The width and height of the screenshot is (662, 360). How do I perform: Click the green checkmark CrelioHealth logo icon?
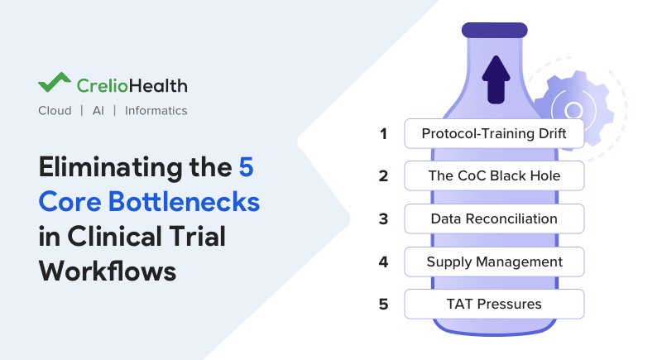click(55, 84)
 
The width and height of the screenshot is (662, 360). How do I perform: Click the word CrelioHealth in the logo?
click(132, 85)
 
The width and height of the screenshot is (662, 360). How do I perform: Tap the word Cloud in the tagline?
click(55, 111)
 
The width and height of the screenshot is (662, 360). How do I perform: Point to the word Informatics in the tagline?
click(156, 111)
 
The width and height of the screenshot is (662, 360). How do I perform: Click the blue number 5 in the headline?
click(246, 166)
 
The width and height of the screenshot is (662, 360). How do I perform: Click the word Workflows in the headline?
click(107, 271)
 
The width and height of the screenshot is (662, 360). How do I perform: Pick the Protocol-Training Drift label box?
click(494, 133)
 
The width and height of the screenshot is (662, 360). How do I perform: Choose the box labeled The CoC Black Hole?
click(494, 175)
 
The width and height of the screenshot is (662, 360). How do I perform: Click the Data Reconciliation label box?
click(494, 218)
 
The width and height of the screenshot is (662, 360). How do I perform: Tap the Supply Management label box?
click(494, 262)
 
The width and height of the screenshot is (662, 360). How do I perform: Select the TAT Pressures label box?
click(494, 304)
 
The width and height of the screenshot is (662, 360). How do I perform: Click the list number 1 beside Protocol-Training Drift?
click(383, 133)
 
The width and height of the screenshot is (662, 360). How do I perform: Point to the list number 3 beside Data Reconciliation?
click(383, 218)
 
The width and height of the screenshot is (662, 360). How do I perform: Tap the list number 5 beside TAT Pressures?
click(383, 304)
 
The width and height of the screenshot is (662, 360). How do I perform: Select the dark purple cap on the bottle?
click(494, 30)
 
